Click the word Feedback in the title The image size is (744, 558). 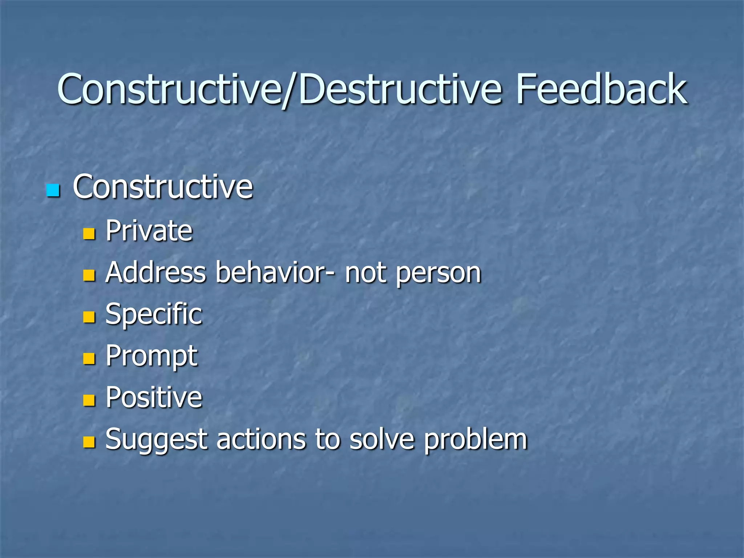coord(601,89)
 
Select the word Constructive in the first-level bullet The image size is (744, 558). coord(163,187)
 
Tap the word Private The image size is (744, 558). coord(149,231)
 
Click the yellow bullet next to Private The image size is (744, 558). coord(89,234)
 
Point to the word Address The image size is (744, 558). coord(156,272)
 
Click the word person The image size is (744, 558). coord(438,273)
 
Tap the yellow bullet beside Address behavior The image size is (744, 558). coord(89,275)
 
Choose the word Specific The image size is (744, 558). coord(154,315)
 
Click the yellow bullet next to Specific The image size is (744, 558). coord(89,317)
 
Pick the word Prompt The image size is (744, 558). coord(151,356)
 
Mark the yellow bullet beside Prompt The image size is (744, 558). coord(89,359)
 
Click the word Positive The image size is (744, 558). coord(154,397)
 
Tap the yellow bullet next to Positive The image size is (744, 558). coord(89,400)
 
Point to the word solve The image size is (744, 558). coord(382,440)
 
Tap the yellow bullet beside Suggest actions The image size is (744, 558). coord(89,442)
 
